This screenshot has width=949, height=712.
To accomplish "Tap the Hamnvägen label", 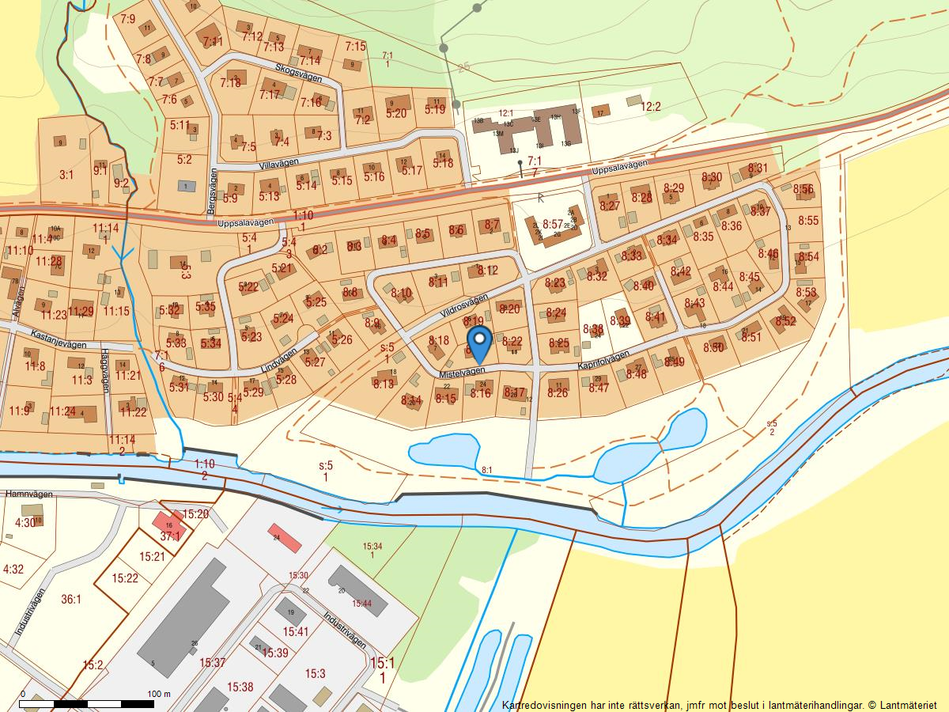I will coord(28,494).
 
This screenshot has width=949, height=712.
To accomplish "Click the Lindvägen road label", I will coord(279,361).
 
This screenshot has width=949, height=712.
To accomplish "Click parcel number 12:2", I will coord(650,107).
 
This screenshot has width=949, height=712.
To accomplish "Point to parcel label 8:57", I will coord(553,225).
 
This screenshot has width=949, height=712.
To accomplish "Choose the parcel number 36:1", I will coord(71,600).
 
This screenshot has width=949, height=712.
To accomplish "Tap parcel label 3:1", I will coord(66,175).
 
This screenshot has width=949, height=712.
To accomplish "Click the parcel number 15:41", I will coord(295,631).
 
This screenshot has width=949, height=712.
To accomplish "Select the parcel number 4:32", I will coord(13,570).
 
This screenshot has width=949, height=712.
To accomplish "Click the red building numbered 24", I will coord(285,538).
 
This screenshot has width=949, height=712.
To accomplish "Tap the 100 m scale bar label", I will coord(159,695).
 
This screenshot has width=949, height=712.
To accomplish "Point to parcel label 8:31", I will coord(757,169).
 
